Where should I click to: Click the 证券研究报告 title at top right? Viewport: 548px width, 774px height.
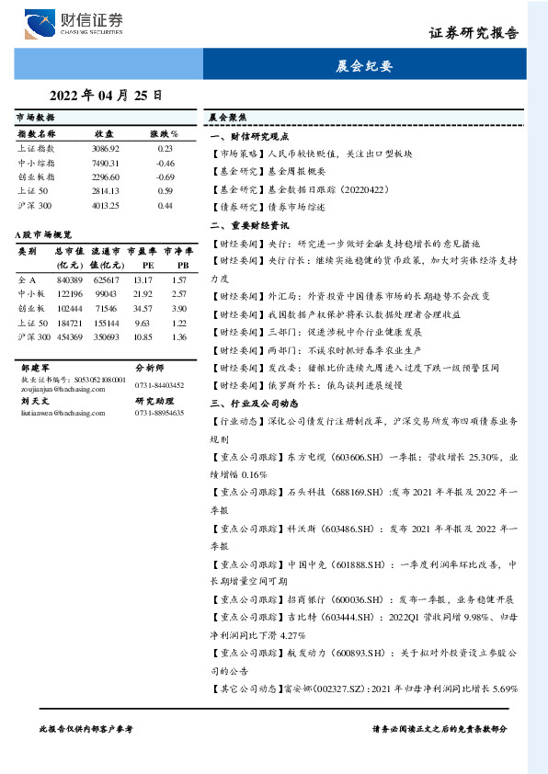(474, 32)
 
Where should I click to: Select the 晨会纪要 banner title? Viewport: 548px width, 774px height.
(364, 66)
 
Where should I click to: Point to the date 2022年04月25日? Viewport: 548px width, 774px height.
(106, 95)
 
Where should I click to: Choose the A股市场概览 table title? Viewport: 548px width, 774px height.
(44, 235)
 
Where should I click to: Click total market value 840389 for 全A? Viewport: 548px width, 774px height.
(70, 279)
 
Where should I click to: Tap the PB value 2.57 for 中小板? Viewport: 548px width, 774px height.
(179, 294)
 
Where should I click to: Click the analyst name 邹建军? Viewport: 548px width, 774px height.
(34, 366)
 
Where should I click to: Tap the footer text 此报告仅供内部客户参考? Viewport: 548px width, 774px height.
(86, 728)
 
